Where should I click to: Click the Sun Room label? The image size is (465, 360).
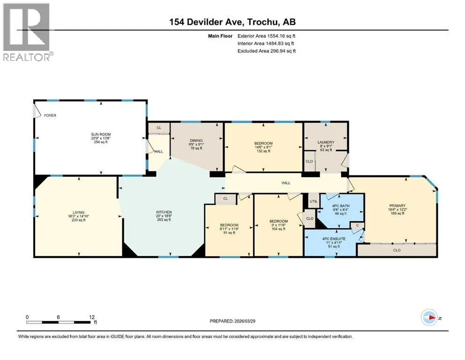click(101, 135)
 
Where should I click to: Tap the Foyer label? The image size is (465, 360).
click(50, 115)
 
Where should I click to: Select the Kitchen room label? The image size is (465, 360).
click(164, 212)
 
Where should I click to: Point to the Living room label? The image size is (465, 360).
click(79, 212)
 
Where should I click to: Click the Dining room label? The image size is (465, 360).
click(196, 141)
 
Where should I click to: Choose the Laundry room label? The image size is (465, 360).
click(326, 142)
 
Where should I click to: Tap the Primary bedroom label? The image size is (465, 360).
click(398, 206)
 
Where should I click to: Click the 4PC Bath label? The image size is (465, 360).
click(341, 206)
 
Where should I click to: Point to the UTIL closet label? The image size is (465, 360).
click(313, 201)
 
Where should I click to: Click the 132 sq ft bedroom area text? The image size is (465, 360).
click(263, 151)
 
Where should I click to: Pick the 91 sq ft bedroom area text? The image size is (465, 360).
click(229, 232)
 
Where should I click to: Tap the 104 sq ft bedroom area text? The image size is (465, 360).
click(279, 229)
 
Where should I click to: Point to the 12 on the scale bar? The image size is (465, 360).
click(92, 317)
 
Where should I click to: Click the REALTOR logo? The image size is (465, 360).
click(28, 32)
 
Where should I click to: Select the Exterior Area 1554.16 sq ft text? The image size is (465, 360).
click(266, 36)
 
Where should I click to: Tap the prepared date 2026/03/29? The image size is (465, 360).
click(245, 321)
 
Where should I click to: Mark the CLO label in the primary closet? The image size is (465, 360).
click(397, 250)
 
